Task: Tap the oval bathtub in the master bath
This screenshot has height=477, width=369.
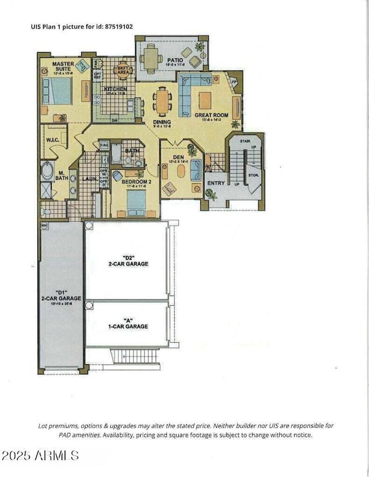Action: (47, 170)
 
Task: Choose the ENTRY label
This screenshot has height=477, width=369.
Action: (216, 183)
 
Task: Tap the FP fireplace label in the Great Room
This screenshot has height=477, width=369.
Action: (233, 82)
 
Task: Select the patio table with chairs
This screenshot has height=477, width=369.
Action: (151, 56)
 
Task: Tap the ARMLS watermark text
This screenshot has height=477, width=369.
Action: (40, 455)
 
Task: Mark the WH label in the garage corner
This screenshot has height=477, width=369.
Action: (44, 226)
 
